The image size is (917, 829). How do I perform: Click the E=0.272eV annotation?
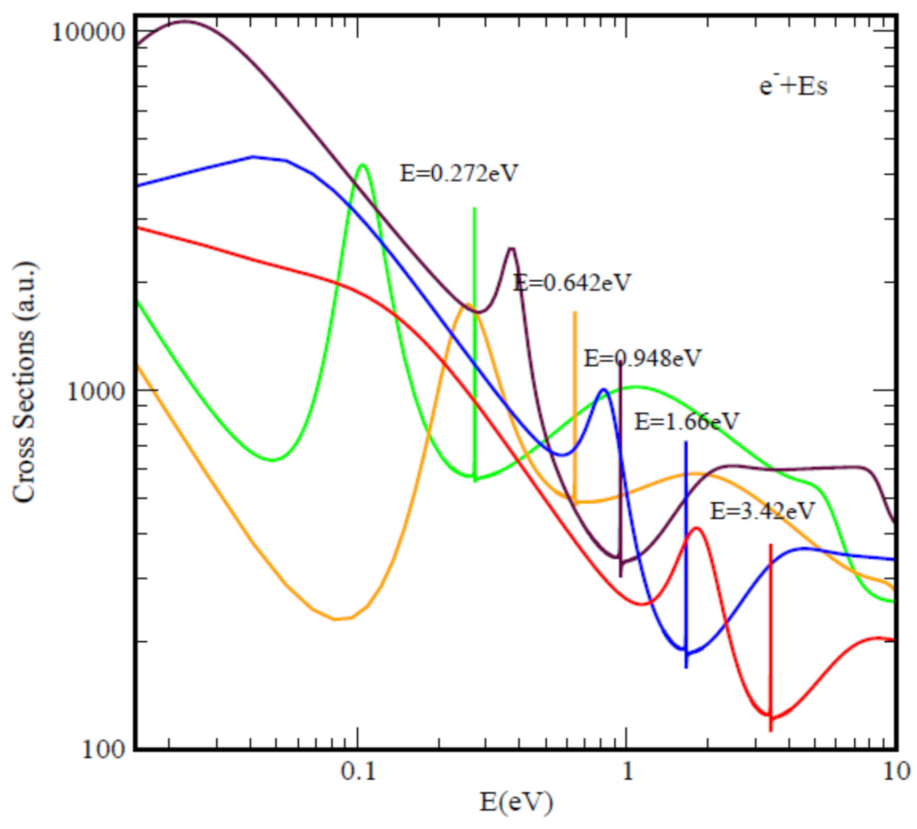tap(459, 172)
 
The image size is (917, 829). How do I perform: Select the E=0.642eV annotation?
tap(572, 282)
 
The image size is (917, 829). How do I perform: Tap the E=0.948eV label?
tap(643, 357)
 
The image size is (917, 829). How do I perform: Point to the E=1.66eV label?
tap(686, 421)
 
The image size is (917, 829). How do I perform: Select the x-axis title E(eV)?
tap(515, 803)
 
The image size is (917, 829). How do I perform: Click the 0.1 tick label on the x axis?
tap(357, 772)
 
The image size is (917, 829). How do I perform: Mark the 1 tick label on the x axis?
tap(626, 772)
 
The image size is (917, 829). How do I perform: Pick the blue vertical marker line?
tap(685, 547)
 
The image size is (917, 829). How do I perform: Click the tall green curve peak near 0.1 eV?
tap(363, 165)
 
